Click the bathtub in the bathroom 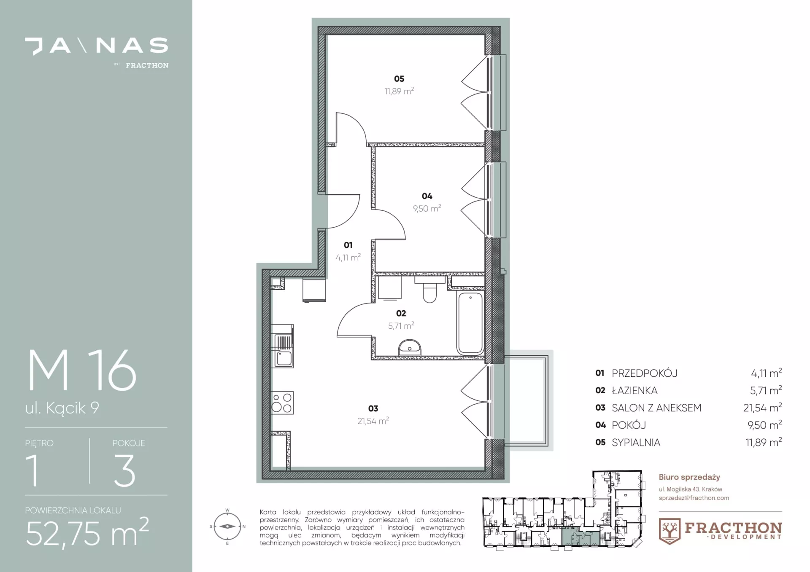click(x=470, y=323)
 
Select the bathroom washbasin click(x=409, y=348)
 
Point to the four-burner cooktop click(x=282, y=403)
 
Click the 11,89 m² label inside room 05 click(x=399, y=91)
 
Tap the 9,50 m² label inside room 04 click(x=427, y=208)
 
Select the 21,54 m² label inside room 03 click(x=373, y=421)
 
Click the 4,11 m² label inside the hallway click(x=348, y=257)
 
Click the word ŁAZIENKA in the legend click(x=634, y=391)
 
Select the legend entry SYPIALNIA click(x=636, y=443)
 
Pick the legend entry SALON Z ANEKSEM click(x=656, y=408)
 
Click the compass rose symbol click(x=227, y=526)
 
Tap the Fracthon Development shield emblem click(x=670, y=531)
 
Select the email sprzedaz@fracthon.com click(x=694, y=498)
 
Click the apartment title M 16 click(x=82, y=371)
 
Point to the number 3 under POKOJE click(x=124, y=471)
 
